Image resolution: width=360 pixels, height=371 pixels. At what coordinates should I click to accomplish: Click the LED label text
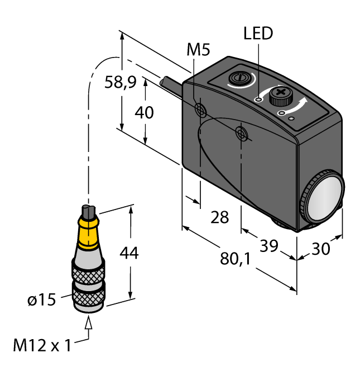(258, 34)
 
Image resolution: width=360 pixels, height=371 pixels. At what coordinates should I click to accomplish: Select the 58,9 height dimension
(120, 83)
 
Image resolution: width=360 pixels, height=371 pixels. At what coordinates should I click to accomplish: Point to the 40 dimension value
(145, 112)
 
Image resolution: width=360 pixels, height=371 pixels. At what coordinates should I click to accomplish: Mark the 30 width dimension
(319, 249)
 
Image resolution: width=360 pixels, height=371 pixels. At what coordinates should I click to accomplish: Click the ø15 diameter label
(42, 300)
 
